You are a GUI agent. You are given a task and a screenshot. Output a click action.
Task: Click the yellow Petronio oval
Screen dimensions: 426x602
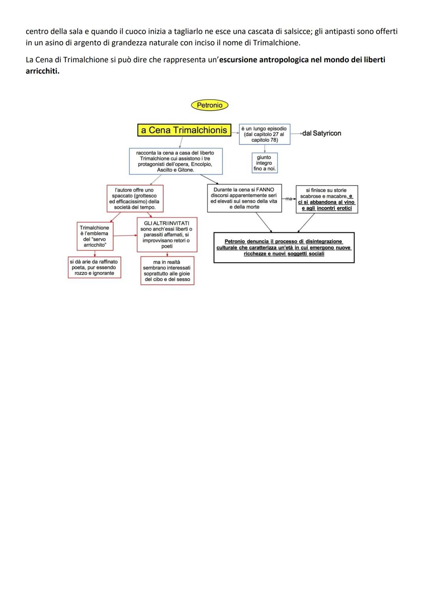pos(209,105)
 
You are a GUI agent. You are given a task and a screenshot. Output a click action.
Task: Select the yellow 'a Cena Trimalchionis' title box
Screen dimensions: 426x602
pos(184,130)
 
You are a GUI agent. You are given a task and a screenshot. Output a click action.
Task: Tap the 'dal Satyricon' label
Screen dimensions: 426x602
pos(321,133)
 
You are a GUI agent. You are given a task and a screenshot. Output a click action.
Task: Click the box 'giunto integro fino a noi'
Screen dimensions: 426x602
pos(265,163)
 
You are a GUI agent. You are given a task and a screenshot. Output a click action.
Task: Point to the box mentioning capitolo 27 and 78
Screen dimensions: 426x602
pos(265,134)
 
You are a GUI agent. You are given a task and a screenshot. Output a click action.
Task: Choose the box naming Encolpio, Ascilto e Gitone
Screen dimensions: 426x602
pos(176,161)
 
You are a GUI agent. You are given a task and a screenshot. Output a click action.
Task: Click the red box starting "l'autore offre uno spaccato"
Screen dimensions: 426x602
pos(135,199)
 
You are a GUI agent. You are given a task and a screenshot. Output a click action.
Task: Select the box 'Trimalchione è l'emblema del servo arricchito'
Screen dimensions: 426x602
pos(95,236)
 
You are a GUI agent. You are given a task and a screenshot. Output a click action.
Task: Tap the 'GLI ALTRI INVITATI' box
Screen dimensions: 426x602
pos(167,235)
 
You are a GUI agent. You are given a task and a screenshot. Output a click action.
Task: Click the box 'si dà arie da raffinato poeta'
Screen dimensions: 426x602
pos(94,267)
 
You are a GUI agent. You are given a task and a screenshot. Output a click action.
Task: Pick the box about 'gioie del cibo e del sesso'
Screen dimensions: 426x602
pos(167,270)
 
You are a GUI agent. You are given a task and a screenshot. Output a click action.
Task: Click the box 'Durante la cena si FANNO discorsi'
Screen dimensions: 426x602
pos(245,198)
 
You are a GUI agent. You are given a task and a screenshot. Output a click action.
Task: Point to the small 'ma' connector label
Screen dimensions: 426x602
pos(289,199)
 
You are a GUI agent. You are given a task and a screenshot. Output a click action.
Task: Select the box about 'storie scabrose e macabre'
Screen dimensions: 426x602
pos(327,199)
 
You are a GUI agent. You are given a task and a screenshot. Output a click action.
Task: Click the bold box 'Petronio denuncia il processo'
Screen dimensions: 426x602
pos(284,248)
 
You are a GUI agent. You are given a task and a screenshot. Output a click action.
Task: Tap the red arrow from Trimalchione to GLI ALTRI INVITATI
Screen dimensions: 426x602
pos(125,236)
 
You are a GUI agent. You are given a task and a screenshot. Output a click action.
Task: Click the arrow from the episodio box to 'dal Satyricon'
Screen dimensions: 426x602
pos(296,134)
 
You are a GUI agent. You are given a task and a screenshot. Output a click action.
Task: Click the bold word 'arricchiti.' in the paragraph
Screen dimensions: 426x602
pos(43,71)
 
